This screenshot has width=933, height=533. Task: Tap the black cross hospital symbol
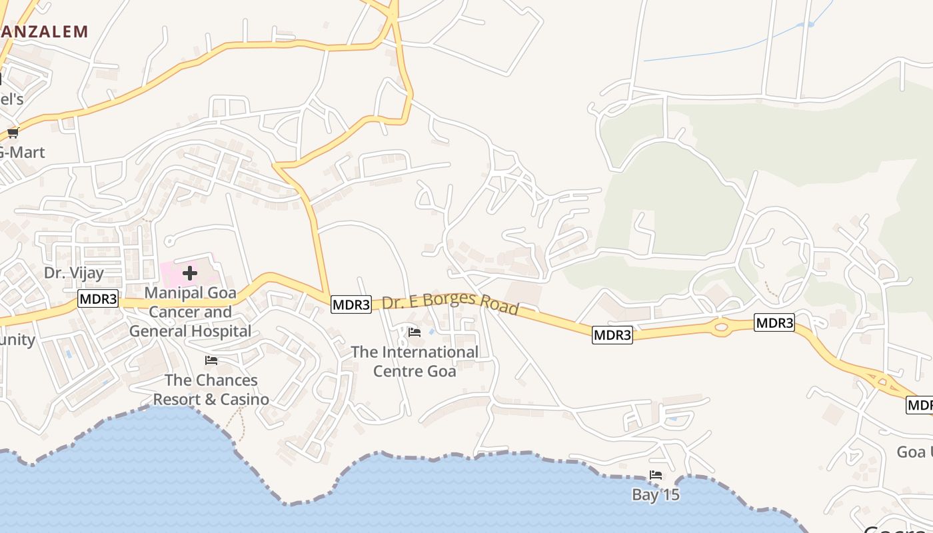tap(190, 272)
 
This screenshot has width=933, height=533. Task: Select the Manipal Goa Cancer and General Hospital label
tap(190, 312)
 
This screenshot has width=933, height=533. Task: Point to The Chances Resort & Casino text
tap(211, 390)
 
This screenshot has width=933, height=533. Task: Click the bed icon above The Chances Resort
tap(211, 360)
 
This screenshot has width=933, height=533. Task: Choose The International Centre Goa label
tap(415, 361)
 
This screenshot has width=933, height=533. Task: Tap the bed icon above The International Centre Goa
tap(415, 332)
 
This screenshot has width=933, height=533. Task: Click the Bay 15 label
tap(656, 494)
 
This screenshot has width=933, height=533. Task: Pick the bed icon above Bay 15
tap(656, 475)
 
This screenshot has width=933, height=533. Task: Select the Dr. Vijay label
tap(74, 272)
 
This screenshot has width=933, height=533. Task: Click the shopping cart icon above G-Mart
tap(13, 132)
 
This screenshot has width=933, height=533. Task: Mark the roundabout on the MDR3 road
tap(720, 327)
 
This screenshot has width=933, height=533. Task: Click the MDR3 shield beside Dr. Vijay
tap(98, 298)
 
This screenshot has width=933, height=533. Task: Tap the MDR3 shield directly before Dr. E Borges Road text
tap(351, 304)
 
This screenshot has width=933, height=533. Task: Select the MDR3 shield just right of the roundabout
tap(774, 323)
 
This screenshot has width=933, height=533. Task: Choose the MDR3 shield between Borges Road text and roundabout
tap(612, 335)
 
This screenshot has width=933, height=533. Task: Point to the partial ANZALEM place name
tap(44, 31)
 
